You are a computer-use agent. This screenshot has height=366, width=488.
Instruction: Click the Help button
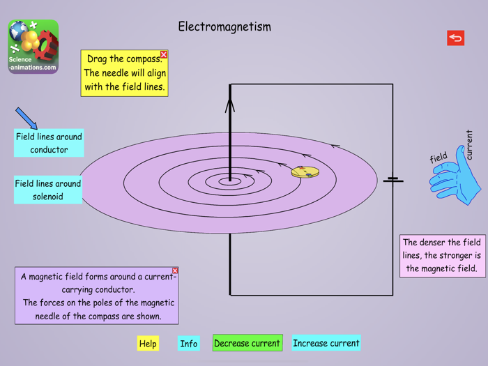point(148,343)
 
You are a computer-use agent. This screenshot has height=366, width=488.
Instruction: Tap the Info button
point(188,343)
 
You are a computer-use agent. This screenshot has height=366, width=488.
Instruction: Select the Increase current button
point(326,343)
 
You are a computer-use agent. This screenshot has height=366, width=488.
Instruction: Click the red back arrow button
point(455,38)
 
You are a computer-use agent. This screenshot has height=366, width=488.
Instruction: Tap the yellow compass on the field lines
point(305,171)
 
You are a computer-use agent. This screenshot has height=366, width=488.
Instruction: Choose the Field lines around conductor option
point(49,143)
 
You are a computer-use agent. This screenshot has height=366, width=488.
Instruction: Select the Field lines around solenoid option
point(48,190)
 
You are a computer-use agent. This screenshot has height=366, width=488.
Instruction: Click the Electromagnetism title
point(224,27)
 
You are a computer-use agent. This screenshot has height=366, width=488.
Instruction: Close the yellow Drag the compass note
point(164,54)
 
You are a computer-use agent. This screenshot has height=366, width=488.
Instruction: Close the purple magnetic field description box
point(175,270)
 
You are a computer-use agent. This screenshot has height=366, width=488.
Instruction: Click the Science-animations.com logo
point(33,46)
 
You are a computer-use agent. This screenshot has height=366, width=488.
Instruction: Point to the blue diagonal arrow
point(26,118)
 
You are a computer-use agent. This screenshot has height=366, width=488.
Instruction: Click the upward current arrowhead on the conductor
point(230,105)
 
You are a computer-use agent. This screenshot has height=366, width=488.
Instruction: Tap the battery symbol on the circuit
point(392,180)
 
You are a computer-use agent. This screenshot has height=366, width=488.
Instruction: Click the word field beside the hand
point(439,158)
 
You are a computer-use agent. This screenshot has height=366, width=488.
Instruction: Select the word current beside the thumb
point(469,144)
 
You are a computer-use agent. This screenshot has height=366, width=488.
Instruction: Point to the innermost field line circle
point(229,182)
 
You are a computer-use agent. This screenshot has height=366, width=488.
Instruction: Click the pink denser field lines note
point(443,255)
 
